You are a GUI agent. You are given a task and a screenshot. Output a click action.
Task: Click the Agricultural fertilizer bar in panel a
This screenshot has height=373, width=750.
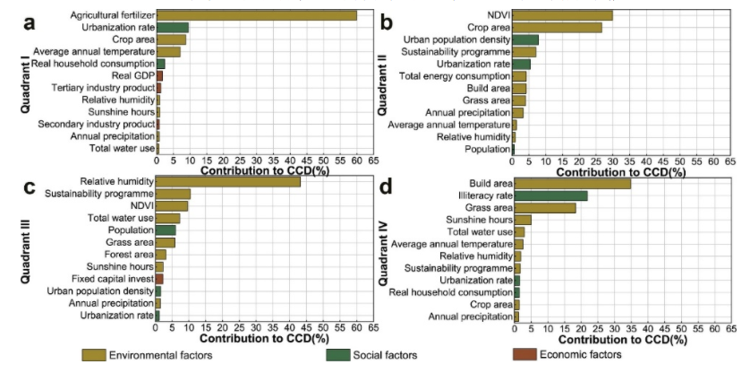pyautogui.click(x=257, y=15)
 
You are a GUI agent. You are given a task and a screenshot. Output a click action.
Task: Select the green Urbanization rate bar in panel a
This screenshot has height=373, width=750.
pyautogui.click(x=173, y=28)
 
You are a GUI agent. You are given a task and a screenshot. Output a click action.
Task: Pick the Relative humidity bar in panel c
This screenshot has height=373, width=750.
pyautogui.click(x=228, y=181)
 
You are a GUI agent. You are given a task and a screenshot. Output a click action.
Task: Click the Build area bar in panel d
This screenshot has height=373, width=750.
pyautogui.click(x=572, y=183)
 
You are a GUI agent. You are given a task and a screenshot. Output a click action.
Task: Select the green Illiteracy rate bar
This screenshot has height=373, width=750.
pyautogui.click(x=550, y=195)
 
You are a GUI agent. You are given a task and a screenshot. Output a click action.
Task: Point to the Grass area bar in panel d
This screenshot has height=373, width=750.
pyautogui.click(x=544, y=207)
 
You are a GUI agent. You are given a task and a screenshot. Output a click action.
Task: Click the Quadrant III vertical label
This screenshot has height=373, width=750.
pyautogui.click(x=26, y=247)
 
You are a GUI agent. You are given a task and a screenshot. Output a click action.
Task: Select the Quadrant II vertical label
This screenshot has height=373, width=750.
pyautogui.click(x=383, y=81)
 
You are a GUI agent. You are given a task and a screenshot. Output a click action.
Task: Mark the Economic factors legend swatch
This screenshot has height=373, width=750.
pyautogui.click(x=526, y=355)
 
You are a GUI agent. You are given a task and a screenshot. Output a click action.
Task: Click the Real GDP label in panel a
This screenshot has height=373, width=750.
pyautogui.click(x=136, y=76)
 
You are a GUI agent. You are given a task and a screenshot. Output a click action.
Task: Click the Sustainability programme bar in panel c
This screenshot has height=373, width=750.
pyautogui.click(x=173, y=194)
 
